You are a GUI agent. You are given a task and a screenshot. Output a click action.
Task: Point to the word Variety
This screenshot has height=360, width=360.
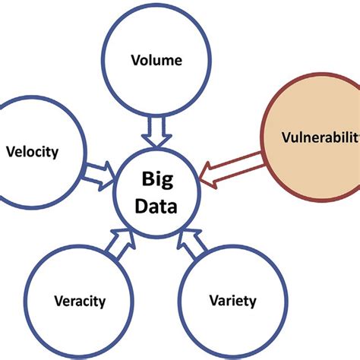coord(232,301)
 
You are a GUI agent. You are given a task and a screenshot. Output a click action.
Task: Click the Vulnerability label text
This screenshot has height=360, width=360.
coord(319,140)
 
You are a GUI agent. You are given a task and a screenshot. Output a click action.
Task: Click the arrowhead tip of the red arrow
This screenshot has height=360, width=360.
coord(201,177)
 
